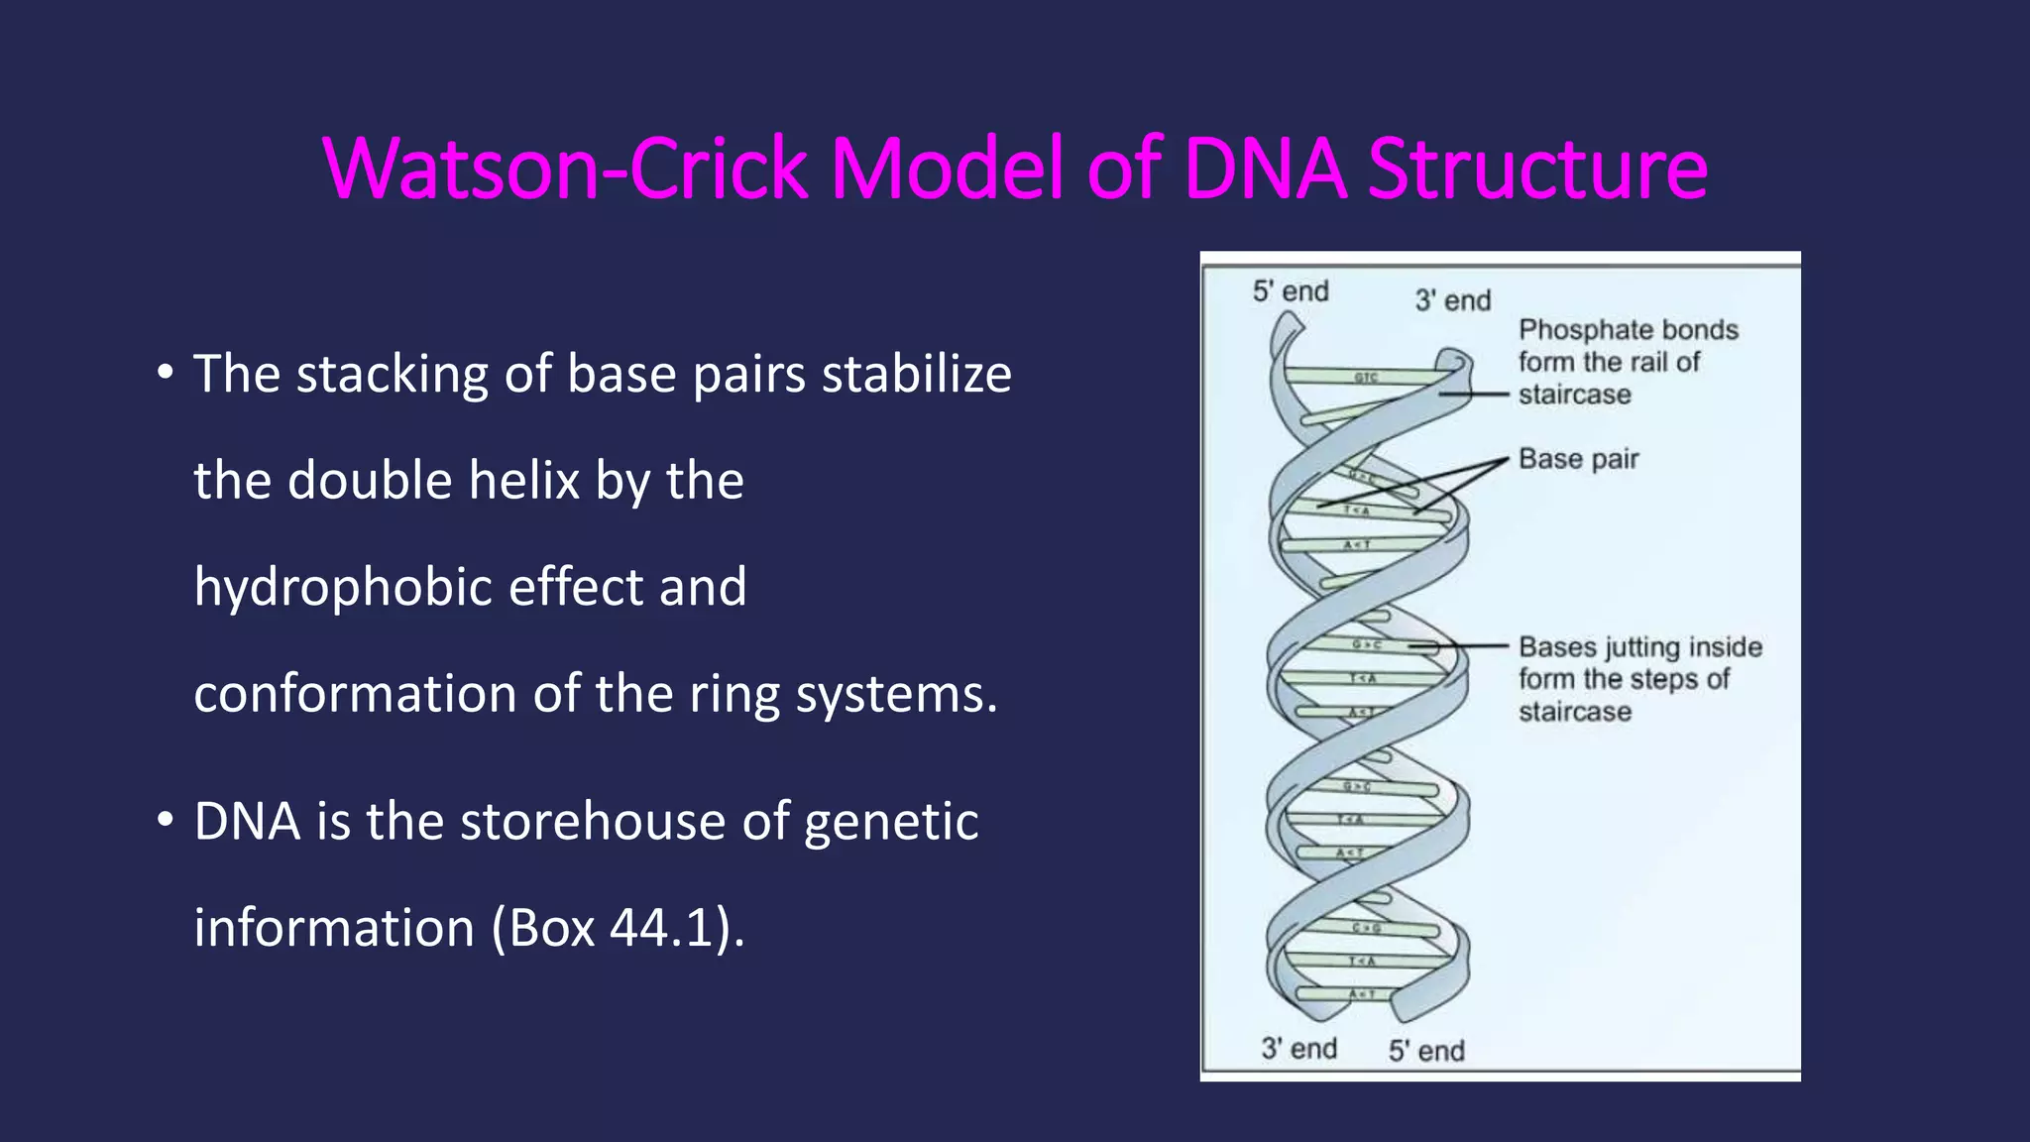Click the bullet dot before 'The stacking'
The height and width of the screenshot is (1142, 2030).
165,375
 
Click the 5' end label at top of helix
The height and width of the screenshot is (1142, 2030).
1290,291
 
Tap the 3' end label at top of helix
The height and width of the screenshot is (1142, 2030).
1452,300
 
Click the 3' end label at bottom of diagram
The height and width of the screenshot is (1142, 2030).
1298,1049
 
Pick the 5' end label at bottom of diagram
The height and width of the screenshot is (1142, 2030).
1425,1051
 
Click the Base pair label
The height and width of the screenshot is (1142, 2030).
1578,459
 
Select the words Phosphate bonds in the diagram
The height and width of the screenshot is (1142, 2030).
1628,329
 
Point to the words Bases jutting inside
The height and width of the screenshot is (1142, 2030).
1639,647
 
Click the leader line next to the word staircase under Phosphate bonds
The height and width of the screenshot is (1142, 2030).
1475,395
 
